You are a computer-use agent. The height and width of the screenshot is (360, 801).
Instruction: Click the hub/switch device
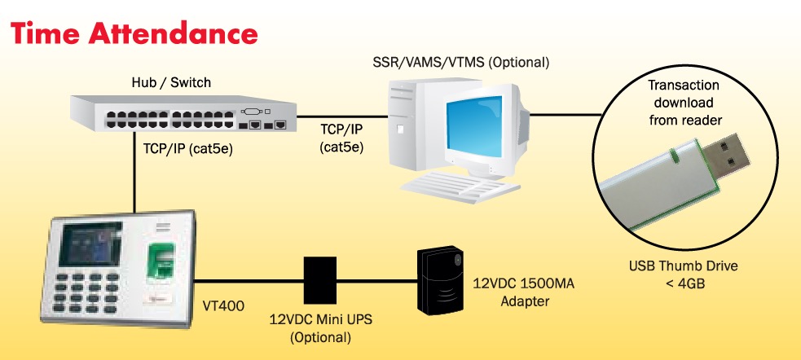tap(180, 114)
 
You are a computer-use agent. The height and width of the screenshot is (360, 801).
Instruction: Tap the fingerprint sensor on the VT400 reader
tap(161, 261)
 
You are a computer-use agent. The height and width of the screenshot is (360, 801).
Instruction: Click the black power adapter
tap(439, 281)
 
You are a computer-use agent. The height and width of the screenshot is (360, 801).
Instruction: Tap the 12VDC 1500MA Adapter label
tap(511, 293)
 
